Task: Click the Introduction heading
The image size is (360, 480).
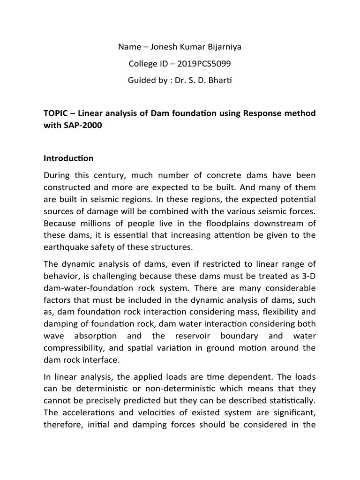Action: pos(68,158)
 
